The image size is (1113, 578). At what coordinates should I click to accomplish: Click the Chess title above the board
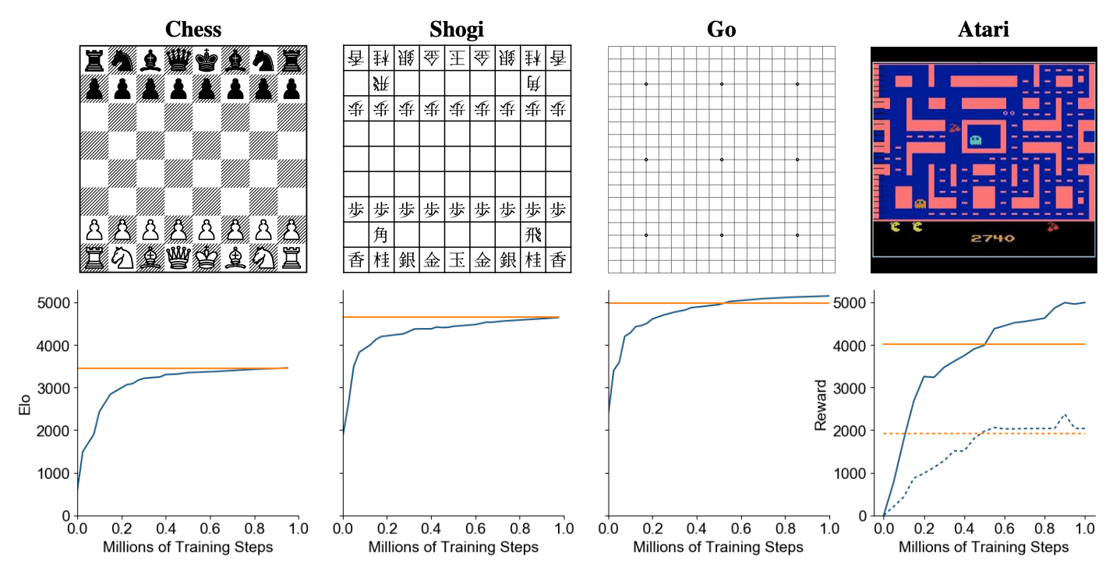(x=193, y=30)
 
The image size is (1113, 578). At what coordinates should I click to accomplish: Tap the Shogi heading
(x=457, y=30)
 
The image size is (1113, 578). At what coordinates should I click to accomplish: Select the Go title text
(x=721, y=30)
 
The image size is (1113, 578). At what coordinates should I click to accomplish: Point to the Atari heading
(x=983, y=30)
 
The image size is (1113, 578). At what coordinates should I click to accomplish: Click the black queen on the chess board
(x=178, y=60)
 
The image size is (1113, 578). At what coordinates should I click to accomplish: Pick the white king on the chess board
(x=207, y=258)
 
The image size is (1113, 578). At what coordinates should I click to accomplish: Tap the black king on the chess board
(x=207, y=60)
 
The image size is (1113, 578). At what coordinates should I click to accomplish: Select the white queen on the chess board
(x=178, y=258)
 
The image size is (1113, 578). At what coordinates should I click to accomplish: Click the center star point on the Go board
(x=722, y=160)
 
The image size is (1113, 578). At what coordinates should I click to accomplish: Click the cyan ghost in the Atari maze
(x=975, y=140)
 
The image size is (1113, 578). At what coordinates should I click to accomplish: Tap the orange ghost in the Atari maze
(x=920, y=204)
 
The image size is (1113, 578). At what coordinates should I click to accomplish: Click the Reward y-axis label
(x=821, y=405)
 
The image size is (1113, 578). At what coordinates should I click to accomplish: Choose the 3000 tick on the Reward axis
(x=850, y=388)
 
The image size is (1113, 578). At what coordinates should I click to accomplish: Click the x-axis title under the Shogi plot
(x=453, y=547)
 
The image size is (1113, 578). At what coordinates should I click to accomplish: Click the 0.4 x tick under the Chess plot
(x=165, y=529)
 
